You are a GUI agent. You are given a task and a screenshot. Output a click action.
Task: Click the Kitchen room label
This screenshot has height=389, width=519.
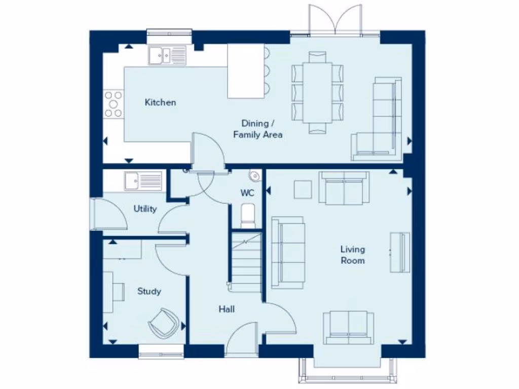tap(160, 102)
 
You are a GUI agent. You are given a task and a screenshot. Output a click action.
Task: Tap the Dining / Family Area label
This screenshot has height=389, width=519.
tap(257, 129)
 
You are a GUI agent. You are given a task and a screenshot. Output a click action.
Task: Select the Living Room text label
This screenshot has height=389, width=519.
tap(352, 255)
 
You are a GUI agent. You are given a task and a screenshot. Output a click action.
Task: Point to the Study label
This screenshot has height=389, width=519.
tap(149, 291)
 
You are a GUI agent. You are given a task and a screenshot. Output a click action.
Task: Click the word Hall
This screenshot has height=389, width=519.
tap(227, 309)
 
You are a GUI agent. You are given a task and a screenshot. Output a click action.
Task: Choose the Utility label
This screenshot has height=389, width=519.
tap(145, 209)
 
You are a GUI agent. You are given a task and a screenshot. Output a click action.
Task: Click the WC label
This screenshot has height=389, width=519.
tap(247, 193)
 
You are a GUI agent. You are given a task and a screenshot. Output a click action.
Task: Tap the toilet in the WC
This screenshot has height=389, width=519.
tap(247, 215)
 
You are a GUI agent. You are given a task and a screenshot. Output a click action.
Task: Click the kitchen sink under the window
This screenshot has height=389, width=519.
tap(167, 55)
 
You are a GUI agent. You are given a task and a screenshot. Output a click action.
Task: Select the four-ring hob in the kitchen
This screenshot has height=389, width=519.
tap(113, 104)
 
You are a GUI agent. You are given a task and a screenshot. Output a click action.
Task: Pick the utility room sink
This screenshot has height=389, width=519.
tap(143, 181)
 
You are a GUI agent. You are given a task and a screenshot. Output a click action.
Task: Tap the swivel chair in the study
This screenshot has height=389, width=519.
tap(163, 322)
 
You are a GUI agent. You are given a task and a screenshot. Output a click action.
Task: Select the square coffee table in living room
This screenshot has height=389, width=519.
tap(303, 190)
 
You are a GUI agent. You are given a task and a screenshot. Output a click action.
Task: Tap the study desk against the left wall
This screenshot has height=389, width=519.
tap(114, 291)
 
